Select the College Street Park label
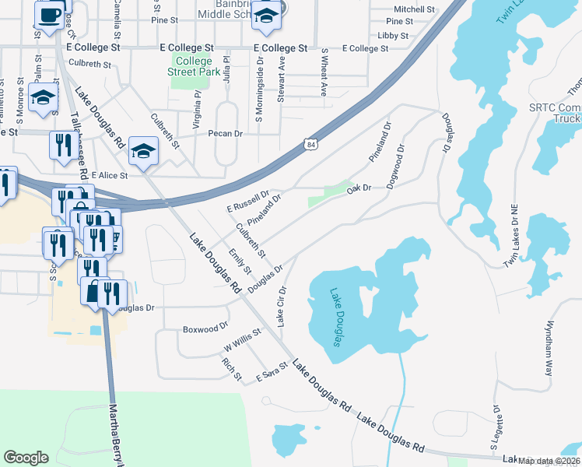(x=194, y=66)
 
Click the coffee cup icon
(x=49, y=16)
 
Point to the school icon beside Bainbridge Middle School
(x=266, y=17)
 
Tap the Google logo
(x=26, y=458)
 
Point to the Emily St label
(x=240, y=262)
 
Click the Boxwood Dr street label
(x=205, y=329)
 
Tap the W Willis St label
(x=242, y=339)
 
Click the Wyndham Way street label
(x=550, y=348)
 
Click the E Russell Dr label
(x=247, y=202)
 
